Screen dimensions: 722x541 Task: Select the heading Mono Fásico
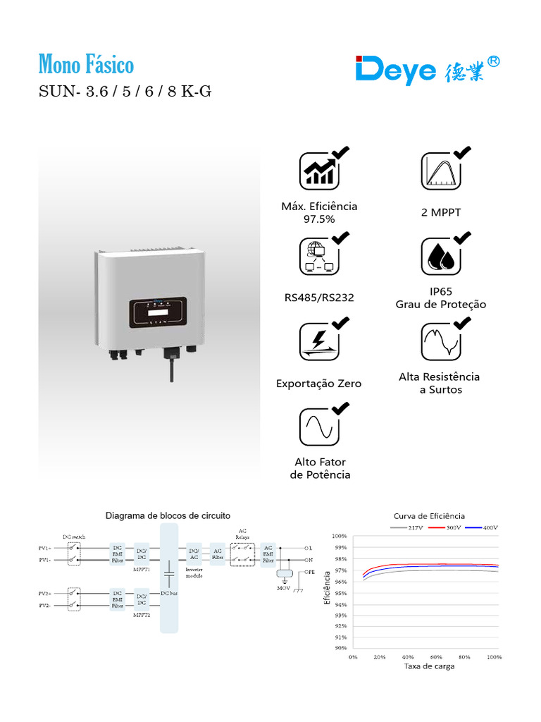tap(86, 66)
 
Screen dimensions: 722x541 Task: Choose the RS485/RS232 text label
tap(319, 298)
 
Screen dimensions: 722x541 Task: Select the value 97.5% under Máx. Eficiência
tap(319, 219)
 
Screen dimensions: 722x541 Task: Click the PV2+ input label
tap(44, 594)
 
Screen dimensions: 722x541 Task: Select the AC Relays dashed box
tap(242, 553)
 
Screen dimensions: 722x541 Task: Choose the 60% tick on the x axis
tap(437, 656)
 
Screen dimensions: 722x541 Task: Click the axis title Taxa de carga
tap(429, 666)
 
